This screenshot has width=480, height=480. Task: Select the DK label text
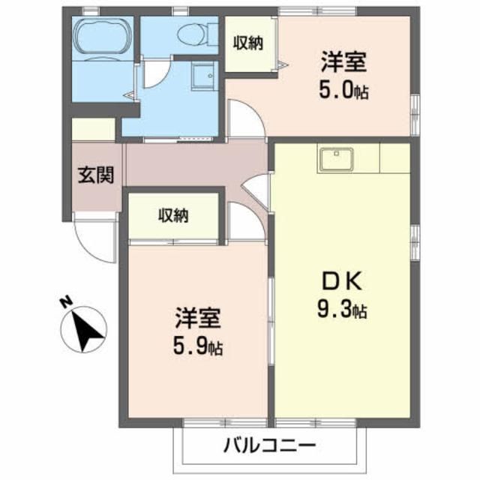(x=342, y=283)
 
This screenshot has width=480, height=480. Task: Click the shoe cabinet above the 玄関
(x=94, y=129)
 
